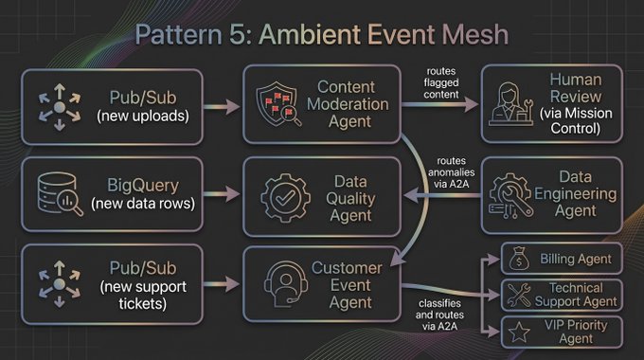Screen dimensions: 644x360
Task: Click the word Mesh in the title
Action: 474,34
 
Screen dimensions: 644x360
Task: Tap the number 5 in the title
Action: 239,34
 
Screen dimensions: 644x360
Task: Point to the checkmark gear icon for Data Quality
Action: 285,198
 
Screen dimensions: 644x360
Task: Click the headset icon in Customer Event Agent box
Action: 286,284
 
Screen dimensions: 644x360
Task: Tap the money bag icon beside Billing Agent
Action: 519,259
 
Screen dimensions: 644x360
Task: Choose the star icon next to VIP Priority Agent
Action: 519,333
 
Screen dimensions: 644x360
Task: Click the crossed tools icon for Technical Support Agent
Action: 519,295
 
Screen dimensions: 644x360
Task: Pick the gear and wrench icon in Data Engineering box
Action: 510,195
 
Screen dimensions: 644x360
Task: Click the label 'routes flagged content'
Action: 441,82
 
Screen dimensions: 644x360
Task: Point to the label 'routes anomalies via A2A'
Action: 451,172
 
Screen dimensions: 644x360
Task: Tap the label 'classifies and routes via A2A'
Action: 439,315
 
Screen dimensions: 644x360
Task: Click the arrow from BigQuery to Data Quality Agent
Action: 222,193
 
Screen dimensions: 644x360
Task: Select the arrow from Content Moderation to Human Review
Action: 439,104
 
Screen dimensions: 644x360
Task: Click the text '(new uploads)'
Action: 143,116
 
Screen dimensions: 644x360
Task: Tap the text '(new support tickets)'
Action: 143,295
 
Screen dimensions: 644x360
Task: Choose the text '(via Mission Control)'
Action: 576,121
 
